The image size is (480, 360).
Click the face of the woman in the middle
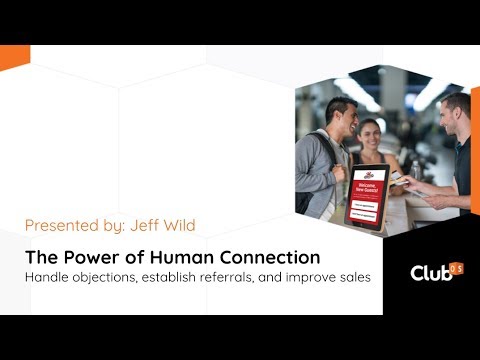tap(369, 131)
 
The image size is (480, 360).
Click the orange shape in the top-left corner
tap(12, 57)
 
